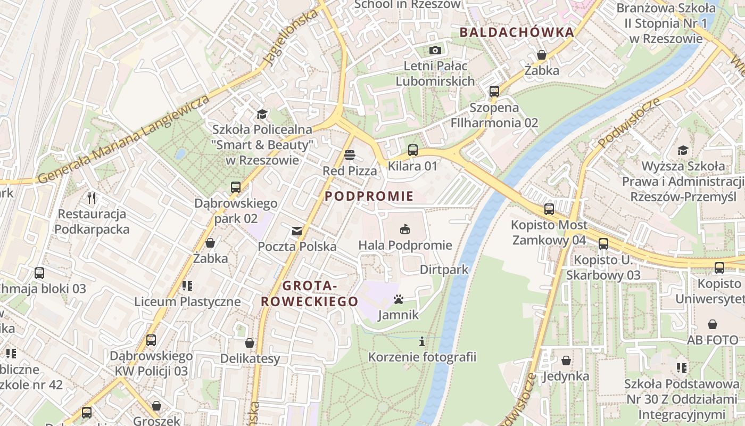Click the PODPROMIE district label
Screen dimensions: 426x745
point(369,196)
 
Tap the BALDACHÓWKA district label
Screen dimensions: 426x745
point(517,32)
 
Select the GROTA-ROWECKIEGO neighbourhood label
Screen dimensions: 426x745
point(309,293)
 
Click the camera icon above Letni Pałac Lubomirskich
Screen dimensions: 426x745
point(435,50)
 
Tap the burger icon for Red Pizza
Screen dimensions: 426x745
point(350,155)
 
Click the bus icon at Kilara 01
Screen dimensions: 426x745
point(413,150)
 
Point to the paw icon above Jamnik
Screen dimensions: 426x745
point(399,299)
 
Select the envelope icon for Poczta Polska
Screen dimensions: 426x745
point(296,231)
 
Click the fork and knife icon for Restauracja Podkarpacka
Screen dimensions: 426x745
point(92,198)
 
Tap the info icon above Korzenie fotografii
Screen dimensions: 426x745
point(423,341)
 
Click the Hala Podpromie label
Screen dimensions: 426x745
point(405,245)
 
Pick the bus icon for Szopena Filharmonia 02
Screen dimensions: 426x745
point(494,92)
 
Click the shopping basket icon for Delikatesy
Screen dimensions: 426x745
point(250,343)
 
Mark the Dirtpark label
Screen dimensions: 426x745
point(444,269)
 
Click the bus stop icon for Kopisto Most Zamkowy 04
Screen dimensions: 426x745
point(549,209)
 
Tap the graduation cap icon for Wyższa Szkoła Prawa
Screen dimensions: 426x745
point(683,151)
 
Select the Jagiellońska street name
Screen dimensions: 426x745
point(292,37)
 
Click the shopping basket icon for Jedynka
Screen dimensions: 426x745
point(566,361)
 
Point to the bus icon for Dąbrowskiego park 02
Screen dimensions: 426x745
point(236,187)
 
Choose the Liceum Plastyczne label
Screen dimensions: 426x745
point(187,301)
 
